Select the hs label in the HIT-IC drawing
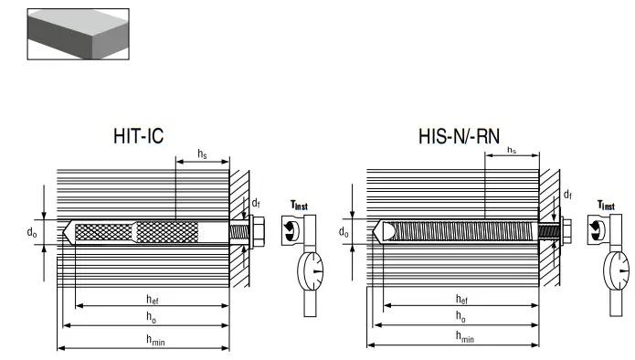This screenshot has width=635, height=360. pyautogui.click(x=202, y=155)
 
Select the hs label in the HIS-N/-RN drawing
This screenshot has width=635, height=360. pyautogui.click(x=512, y=149)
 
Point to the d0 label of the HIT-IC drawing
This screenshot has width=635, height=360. pyautogui.click(x=32, y=233)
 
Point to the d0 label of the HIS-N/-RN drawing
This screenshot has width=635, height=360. pyautogui.click(x=344, y=233)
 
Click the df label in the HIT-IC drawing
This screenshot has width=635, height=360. pyautogui.click(x=257, y=205)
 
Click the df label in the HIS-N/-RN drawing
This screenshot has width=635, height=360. pyautogui.click(x=567, y=195)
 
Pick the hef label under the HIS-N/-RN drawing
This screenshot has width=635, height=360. pyautogui.click(x=461, y=299)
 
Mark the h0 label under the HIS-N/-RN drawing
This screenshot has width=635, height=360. pyautogui.click(x=461, y=319)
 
